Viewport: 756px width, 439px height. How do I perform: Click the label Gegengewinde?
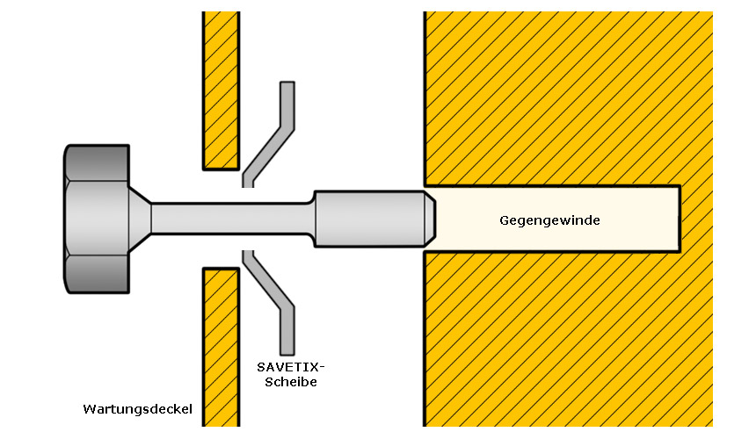[549, 221]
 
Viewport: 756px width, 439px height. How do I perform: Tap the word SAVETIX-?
[291, 367]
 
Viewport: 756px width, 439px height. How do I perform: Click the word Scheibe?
[291, 382]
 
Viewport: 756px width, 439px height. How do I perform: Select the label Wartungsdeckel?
[137, 409]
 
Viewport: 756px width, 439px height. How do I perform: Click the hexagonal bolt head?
[97, 219]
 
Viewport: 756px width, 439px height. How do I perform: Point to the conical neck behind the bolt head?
[140, 219]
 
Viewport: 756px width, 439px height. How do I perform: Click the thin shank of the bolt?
[232, 219]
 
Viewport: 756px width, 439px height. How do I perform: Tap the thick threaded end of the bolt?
[370, 219]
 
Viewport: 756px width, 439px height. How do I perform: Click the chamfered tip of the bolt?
[430, 219]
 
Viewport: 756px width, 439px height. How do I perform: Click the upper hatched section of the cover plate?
[222, 90]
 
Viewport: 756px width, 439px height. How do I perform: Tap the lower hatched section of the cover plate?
[222, 347]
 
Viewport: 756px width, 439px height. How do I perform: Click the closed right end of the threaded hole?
[680, 219]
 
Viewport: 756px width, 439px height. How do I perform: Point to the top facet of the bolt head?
[98, 162]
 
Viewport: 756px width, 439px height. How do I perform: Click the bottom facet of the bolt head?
[98, 274]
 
